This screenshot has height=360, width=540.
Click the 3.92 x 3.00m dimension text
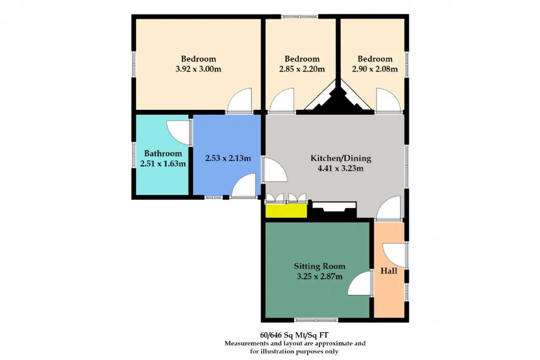pyautogui.click(x=198, y=69)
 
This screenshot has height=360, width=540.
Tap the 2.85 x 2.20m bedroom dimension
pyautogui.click(x=302, y=69)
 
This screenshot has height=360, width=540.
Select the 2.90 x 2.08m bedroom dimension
pyautogui.click(x=375, y=69)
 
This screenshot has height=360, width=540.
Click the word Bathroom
pyautogui.click(x=163, y=153)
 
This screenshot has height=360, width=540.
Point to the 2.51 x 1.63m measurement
pyautogui.click(x=163, y=164)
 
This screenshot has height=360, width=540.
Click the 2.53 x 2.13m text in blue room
pyautogui.click(x=228, y=158)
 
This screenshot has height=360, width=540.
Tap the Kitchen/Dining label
pyautogui.click(x=340, y=158)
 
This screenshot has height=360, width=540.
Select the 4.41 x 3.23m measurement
pyautogui.click(x=340, y=168)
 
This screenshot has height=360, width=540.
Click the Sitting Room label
pyautogui.click(x=319, y=266)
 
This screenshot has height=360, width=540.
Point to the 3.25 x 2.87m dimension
pyautogui.click(x=319, y=276)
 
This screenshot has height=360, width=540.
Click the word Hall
pyautogui.click(x=389, y=271)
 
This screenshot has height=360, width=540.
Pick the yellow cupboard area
pyautogui.click(x=286, y=211)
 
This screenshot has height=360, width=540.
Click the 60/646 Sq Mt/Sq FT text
pyautogui.click(x=294, y=335)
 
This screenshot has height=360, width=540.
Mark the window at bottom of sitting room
pyautogui.click(x=316, y=320)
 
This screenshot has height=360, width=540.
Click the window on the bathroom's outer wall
pyautogui.click(x=134, y=155)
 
